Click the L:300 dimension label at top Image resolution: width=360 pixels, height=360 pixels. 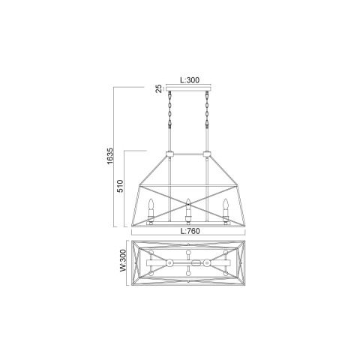pos(190,80)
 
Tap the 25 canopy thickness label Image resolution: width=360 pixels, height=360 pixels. pos(159,88)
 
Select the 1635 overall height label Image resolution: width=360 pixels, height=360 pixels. pos(110,157)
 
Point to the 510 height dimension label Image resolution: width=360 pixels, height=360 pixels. pos(120,186)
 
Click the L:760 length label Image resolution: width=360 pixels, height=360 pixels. pos(190,231)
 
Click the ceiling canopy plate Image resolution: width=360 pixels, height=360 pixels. pos(188,88)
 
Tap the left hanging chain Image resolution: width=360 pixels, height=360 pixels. pos(170,109)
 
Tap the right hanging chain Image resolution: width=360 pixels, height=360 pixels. pos(207,109)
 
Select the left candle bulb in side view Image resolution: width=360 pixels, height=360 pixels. pos(151,204)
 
